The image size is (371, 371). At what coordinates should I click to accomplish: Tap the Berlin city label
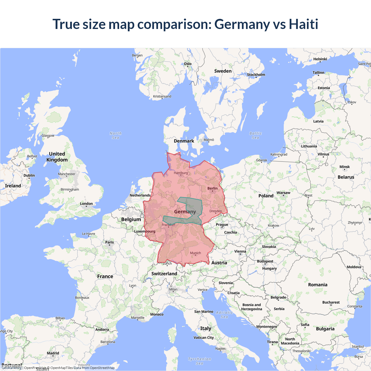click(212, 188)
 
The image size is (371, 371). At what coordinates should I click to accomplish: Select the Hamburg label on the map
click(181, 173)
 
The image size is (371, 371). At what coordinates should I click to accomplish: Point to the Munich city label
click(195, 253)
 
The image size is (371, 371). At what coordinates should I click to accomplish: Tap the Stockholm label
click(256, 75)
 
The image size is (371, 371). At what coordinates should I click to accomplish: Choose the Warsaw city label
click(283, 193)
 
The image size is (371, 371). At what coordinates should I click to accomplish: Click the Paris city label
click(110, 242)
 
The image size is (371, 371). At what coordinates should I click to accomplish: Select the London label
click(86, 204)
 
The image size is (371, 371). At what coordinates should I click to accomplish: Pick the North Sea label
click(116, 135)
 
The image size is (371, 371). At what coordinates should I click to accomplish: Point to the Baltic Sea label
click(255, 135)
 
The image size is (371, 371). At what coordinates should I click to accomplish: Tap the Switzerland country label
click(164, 274)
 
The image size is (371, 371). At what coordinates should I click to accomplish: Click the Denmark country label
click(184, 141)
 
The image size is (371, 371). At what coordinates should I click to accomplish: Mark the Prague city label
click(222, 225)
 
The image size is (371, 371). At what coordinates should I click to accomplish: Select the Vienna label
click(240, 252)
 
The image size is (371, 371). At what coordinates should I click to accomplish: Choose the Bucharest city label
click(331, 302)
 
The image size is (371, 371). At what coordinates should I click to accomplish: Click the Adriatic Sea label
click(224, 314)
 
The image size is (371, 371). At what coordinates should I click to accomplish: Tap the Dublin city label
click(29, 175)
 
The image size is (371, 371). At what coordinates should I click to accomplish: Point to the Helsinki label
click(320, 59)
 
